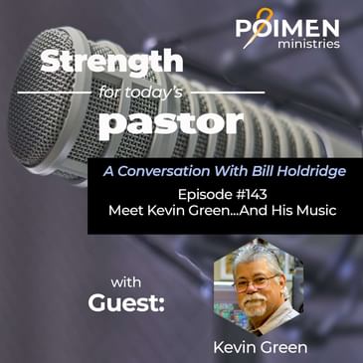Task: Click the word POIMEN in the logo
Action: coord(288,27)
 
